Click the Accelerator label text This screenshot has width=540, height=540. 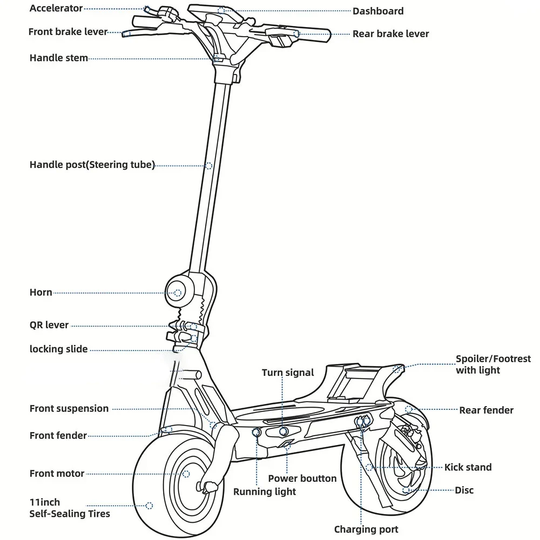click(x=56, y=9)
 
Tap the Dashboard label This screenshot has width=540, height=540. click(x=378, y=11)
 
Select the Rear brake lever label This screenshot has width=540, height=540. click(x=390, y=33)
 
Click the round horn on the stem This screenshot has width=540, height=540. click(x=177, y=293)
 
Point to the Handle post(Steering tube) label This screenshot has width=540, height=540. click(x=92, y=165)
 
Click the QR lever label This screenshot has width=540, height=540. click(x=49, y=325)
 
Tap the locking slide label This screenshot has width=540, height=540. click(x=58, y=349)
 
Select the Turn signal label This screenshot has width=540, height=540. click(x=288, y=373)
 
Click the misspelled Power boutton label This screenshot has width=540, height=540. click(x=302, y=478)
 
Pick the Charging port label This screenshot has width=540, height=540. click(x=366, y=529)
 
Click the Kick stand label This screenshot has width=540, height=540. click(x=468, y=467)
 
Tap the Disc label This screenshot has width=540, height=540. click(x=464, y=490)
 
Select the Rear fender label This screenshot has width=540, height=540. click(x=486, y=410)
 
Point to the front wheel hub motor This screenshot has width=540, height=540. click(x=186, y=474)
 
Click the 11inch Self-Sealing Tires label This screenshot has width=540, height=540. click(x=69, y=508)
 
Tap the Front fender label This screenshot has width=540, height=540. click(x=58, y=435)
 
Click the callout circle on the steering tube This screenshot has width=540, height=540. click(x=208, y=166)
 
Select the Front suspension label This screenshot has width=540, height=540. click(x=69, y=409)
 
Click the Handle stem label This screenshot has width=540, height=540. click(x=58, y=58)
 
